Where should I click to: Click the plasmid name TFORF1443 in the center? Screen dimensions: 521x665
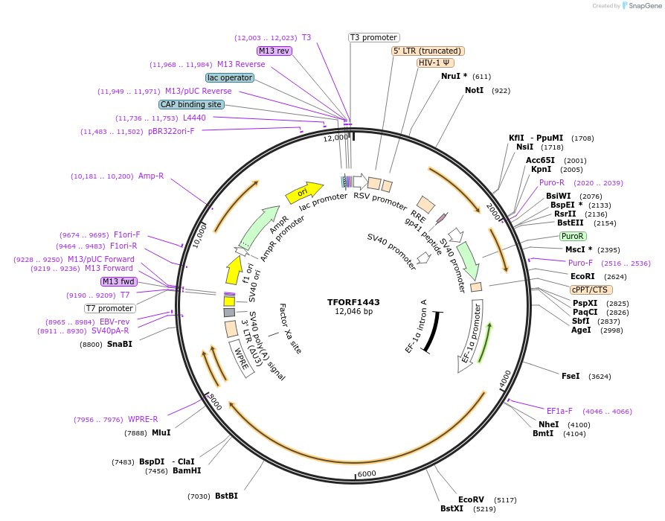353,302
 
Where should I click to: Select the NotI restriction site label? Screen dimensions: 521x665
474,90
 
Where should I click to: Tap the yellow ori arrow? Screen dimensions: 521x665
303,193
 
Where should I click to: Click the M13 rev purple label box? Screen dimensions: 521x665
274,51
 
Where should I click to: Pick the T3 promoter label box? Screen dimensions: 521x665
373,37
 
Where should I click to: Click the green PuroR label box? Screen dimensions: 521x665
573,236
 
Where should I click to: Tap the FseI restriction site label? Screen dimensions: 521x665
571,377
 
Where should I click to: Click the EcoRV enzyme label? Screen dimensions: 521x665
471,499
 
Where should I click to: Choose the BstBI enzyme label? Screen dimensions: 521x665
226,496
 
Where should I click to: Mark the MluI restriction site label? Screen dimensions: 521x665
161,432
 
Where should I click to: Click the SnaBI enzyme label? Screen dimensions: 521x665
119,345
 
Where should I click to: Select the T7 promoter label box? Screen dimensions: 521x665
109,308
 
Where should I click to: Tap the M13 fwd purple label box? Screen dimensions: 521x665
118,281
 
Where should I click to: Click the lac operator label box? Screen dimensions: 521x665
230,77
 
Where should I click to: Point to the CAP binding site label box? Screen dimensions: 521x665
191,104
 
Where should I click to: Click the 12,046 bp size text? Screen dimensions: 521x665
353,312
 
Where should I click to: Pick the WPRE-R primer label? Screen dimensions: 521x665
143,419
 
